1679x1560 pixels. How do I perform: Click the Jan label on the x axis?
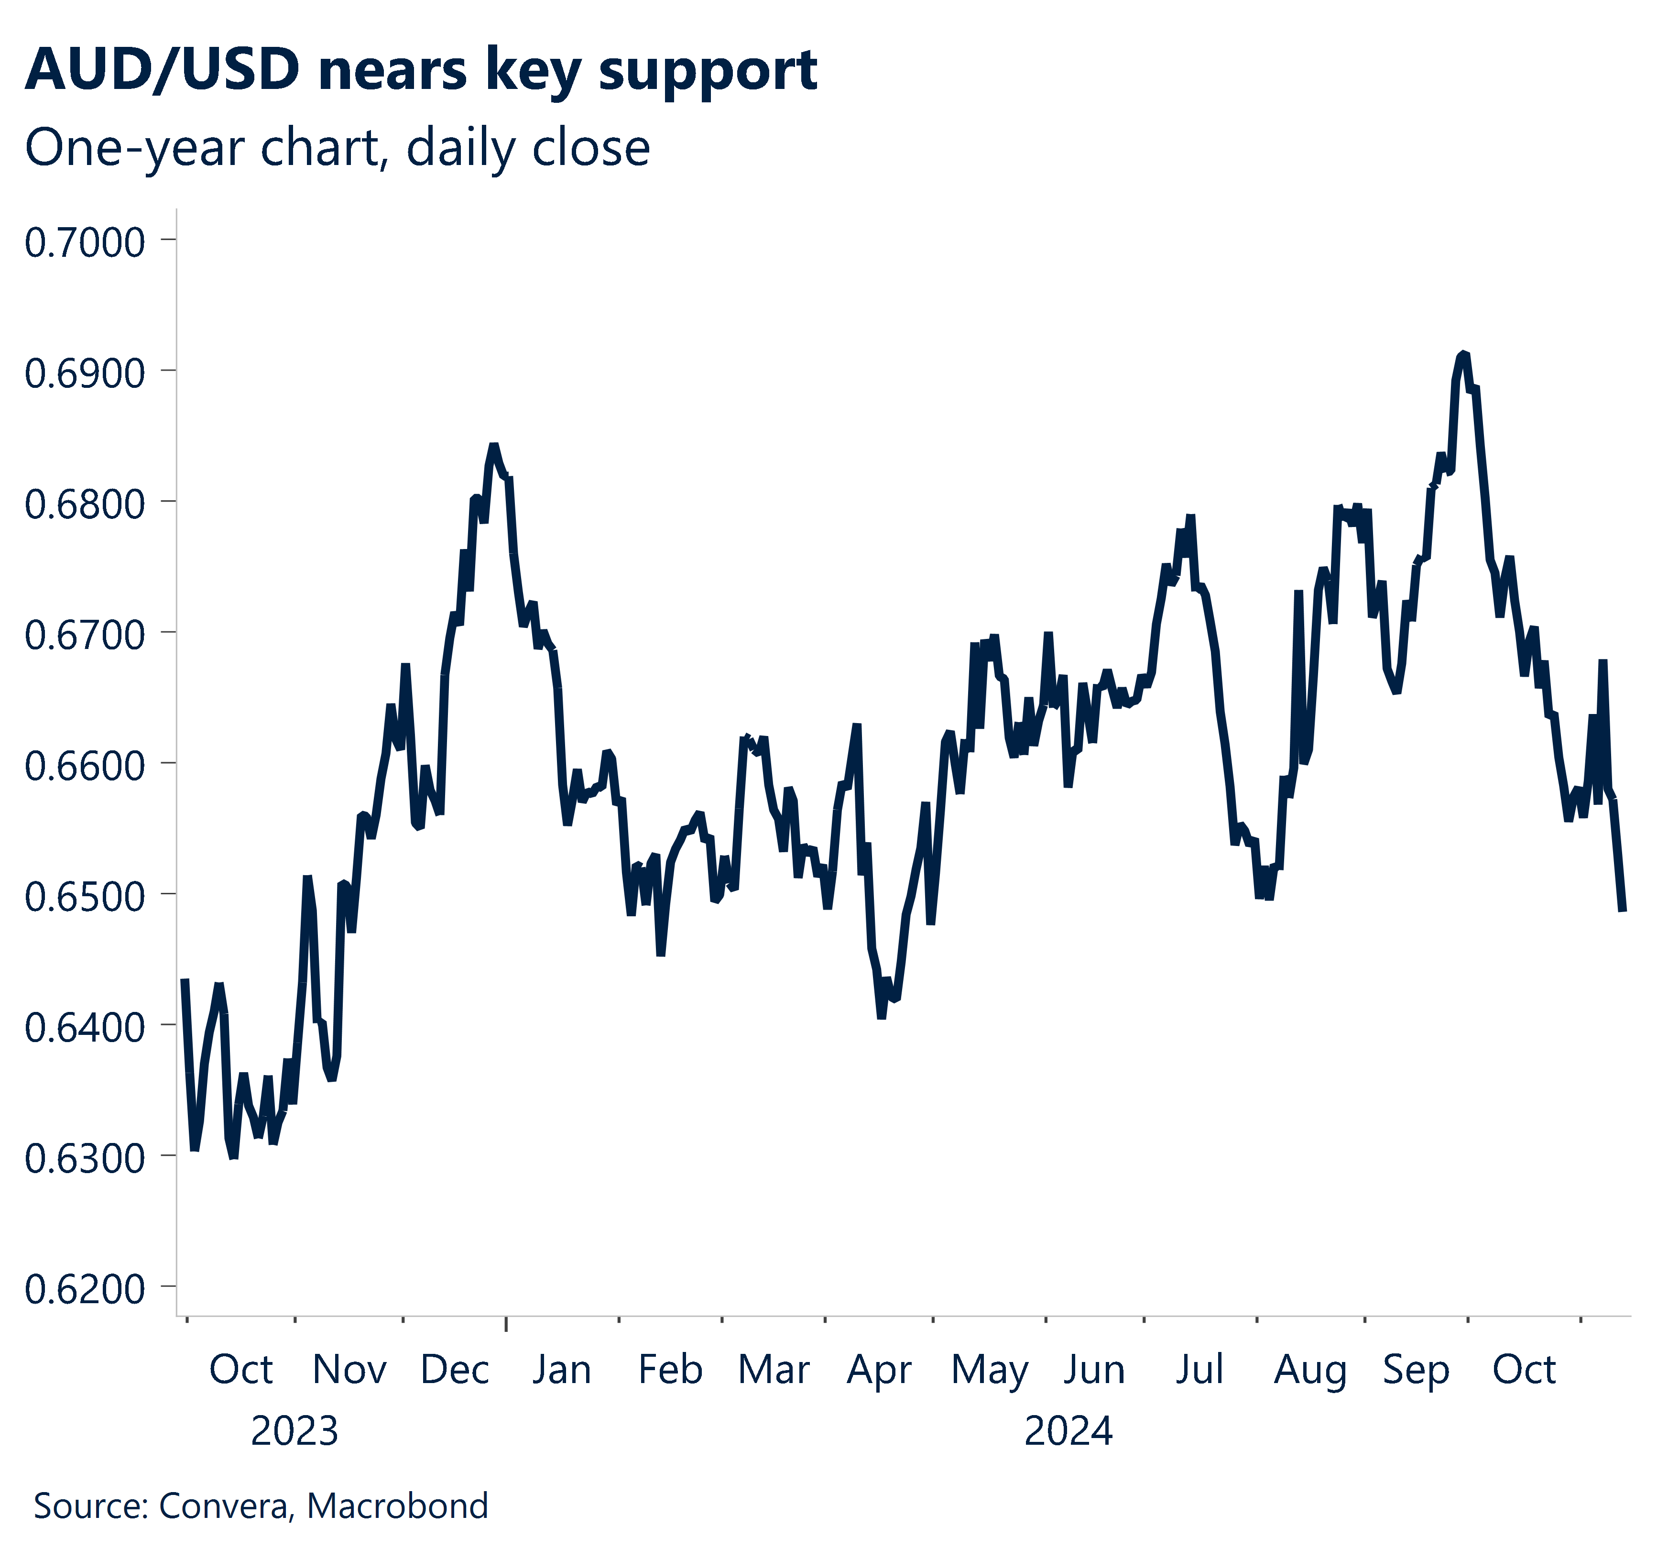pyautogui.click(x=561, y=1369)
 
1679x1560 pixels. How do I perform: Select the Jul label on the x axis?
pyautogui.click(x=1199, y=1369)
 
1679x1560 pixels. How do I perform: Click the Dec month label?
pyautogui.click(x=455, y=1369)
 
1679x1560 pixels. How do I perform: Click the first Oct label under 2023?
pyautogui.click(x=240, y=1369)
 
